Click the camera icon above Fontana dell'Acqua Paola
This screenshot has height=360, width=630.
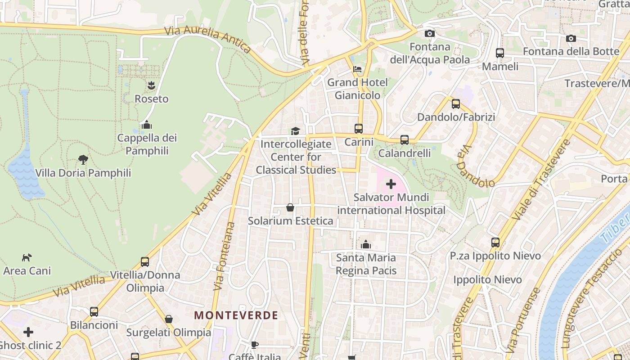430,33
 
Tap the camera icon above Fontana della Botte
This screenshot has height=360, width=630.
571,38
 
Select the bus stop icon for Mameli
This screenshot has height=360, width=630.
500,53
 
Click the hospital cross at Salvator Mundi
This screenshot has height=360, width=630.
391,184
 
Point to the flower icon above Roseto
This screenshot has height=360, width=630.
151,85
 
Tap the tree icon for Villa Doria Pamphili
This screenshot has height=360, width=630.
83,159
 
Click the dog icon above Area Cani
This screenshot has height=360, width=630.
27,257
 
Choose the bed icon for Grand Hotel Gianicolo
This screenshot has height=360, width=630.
357,69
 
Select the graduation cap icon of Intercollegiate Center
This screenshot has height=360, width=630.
295,131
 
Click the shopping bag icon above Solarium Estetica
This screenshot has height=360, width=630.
290,207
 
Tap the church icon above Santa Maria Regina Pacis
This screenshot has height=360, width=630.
366,244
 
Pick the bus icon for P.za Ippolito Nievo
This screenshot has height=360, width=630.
495,242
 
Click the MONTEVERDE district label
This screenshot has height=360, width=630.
236,315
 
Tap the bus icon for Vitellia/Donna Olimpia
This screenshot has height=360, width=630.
145,261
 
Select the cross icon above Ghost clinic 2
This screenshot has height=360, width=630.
28,332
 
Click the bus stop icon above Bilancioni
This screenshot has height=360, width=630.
94,311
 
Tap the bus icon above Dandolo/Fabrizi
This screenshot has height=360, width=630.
456,104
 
